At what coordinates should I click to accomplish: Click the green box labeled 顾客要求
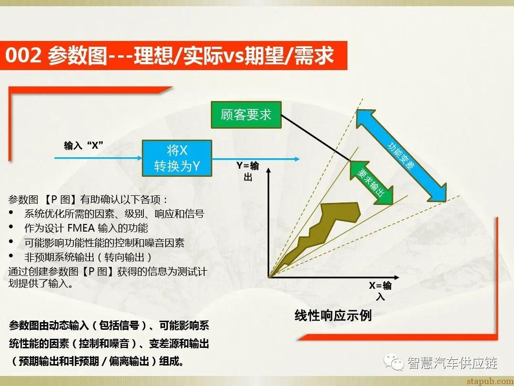pos(246,115)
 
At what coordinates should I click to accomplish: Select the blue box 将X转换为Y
pos(177,158)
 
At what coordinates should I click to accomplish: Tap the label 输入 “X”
pos(84,146)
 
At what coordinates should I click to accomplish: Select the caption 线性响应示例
pos(333,315)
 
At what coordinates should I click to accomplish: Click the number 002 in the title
pos(24,56)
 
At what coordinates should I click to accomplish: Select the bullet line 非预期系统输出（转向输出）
pos(88,257)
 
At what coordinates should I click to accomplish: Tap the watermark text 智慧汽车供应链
pos(452,363)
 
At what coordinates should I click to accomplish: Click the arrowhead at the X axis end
pos(398,276)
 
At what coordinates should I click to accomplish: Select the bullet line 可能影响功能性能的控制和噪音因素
pos(104,243)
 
